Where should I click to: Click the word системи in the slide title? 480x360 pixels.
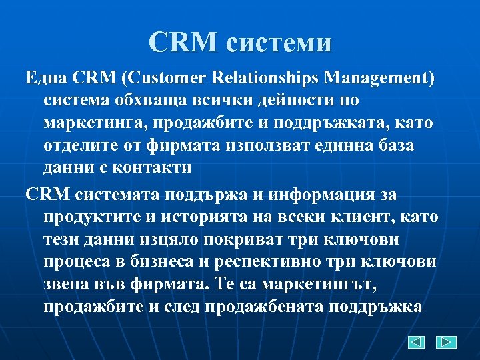(x=278, y=43)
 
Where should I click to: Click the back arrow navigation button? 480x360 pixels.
(x=417, y=342)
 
